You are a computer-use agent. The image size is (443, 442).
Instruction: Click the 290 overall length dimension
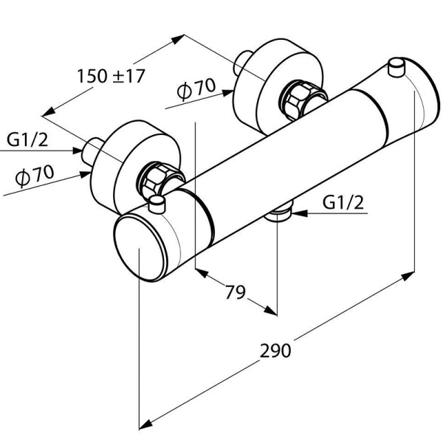[x=275, y=349]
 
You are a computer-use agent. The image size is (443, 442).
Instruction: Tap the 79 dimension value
[x=234, y=291]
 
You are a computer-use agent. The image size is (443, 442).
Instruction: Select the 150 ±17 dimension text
[x=111, y=75]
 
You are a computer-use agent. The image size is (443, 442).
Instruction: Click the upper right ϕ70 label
[x=196, y=89]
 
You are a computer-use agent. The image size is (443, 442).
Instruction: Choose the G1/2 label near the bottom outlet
[x=344, y=202]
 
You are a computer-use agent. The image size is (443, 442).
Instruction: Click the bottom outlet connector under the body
[x=278, y=215]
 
